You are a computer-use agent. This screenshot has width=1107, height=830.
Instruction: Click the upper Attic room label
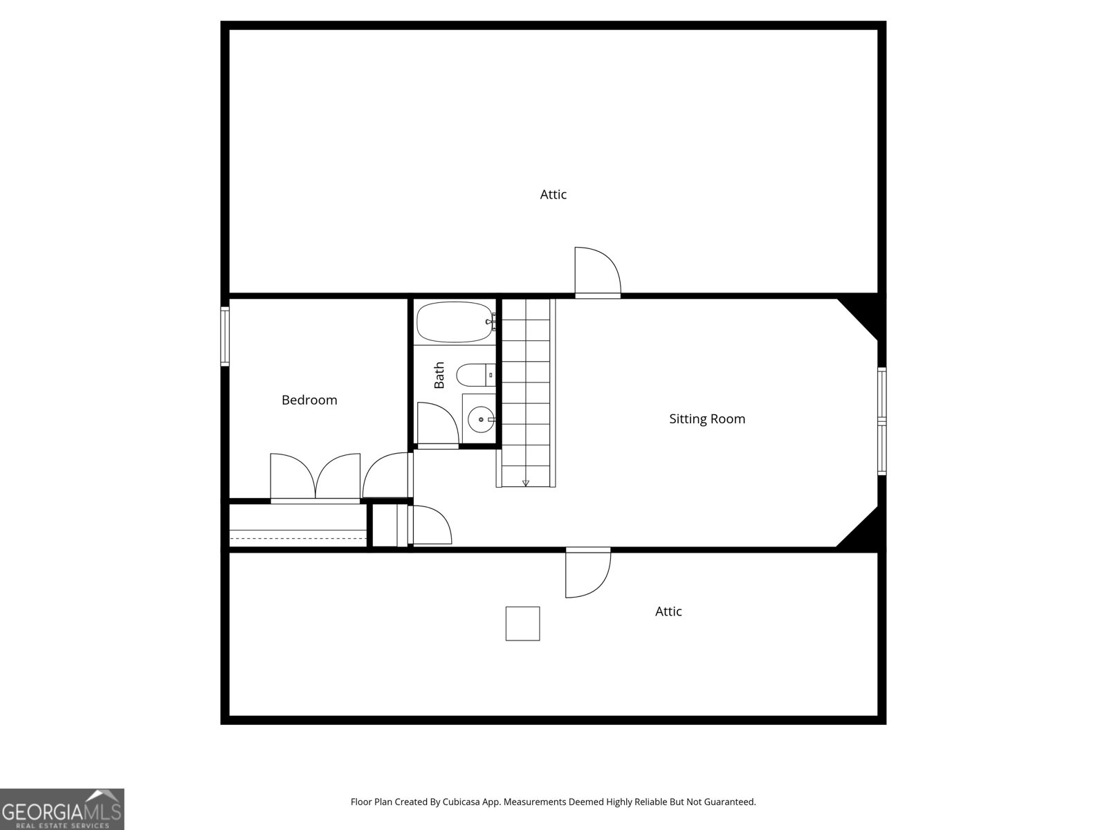point(553,195)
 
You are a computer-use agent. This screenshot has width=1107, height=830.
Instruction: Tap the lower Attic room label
point(668,611)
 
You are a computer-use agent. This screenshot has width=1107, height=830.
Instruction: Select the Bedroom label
point(309,400)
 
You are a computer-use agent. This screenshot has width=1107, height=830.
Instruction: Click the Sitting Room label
point(707,418)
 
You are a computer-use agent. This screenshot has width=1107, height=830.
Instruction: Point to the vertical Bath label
point(439,375)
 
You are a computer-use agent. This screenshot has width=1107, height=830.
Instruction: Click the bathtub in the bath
point(455,322)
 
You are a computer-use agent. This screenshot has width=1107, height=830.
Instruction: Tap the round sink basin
point(480,419)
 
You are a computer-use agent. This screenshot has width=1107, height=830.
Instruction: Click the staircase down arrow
point(526,482)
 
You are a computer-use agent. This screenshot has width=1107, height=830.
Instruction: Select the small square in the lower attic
point(522,623)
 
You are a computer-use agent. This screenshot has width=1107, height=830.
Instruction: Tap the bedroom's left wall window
point(225,336)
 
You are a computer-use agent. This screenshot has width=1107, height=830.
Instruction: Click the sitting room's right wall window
point(881,421)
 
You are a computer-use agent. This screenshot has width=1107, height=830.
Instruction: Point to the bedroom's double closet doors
point(315,477)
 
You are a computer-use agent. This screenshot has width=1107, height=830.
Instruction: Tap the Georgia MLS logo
point(62,809)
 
